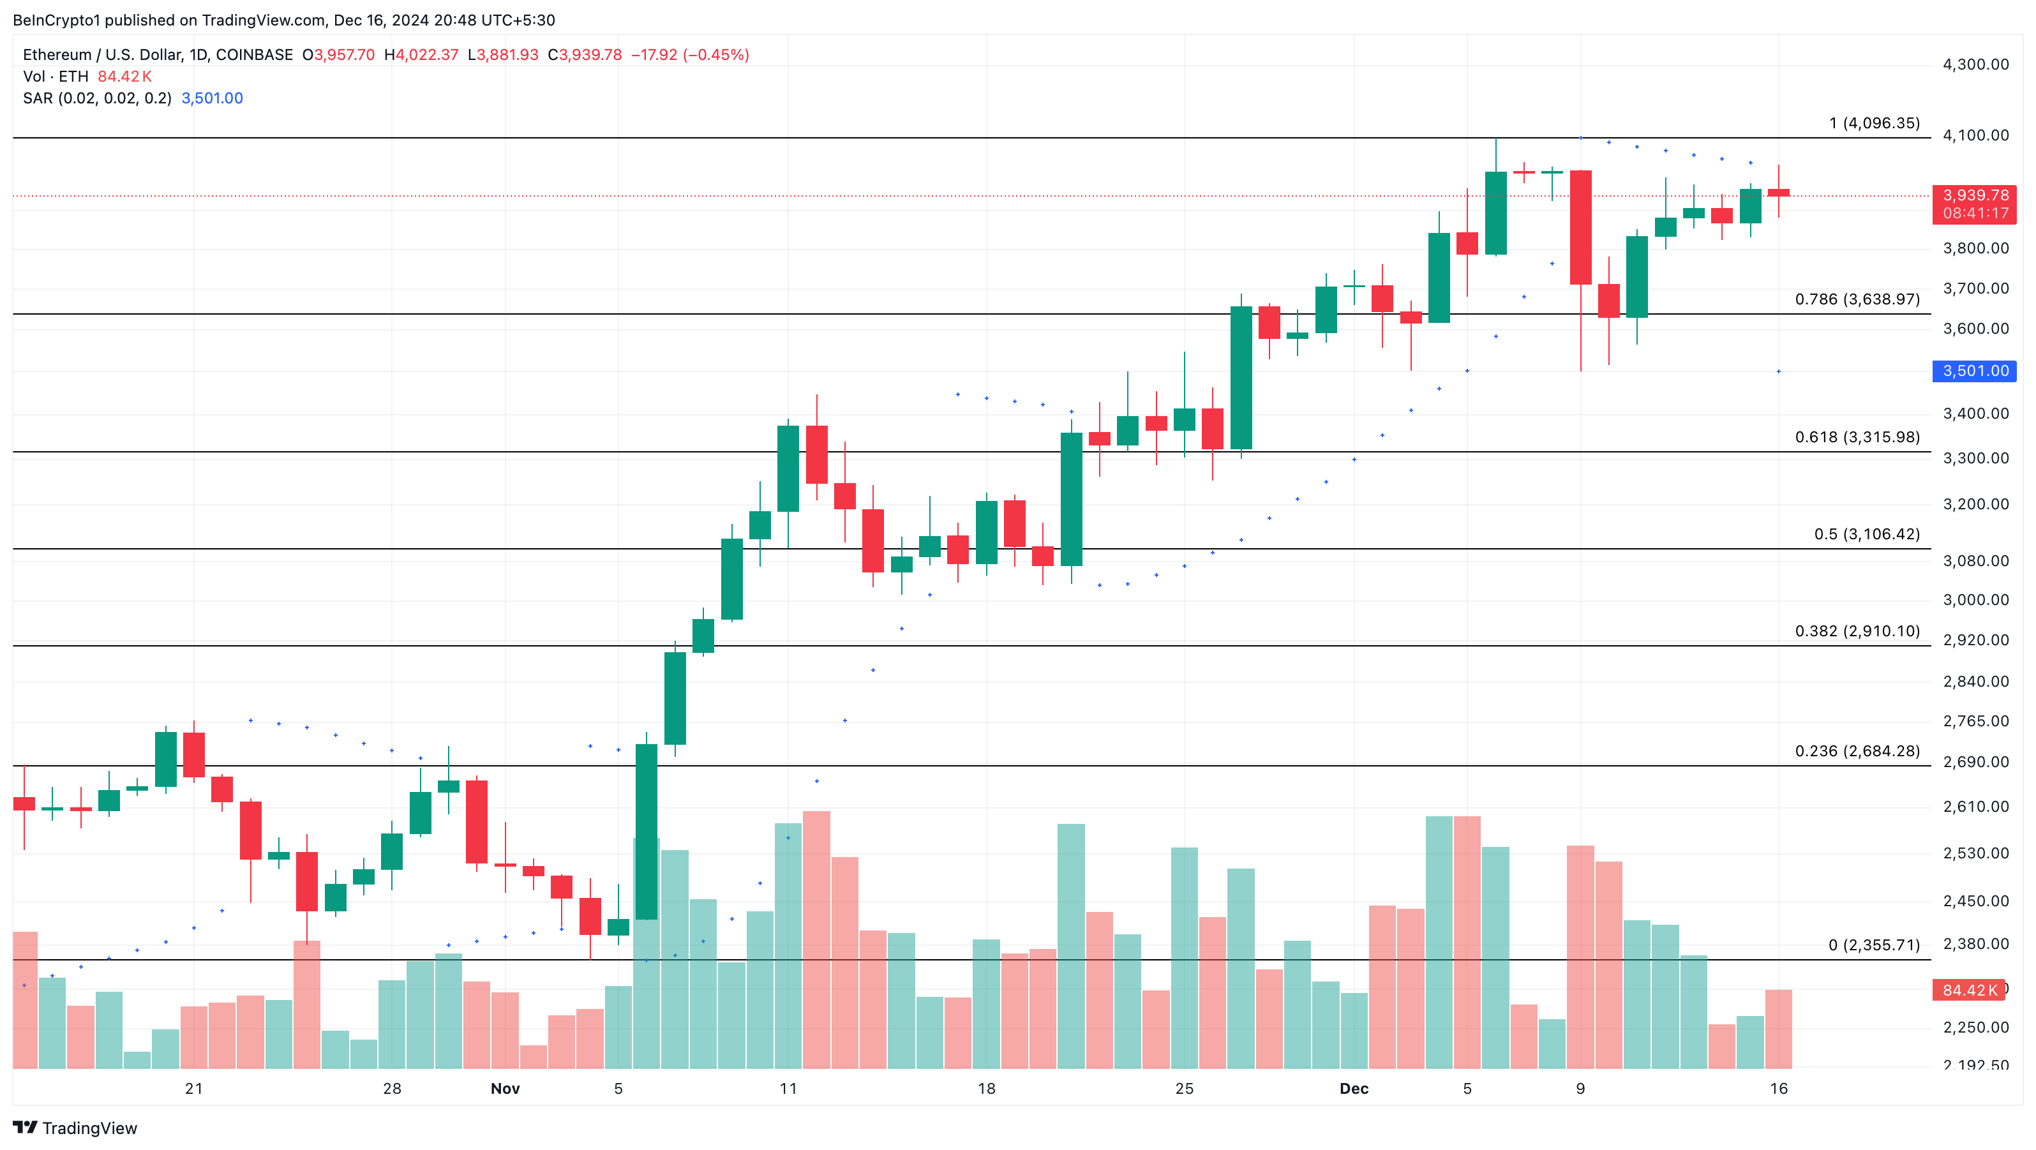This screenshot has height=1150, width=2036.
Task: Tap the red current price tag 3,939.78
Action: coord(1974,195)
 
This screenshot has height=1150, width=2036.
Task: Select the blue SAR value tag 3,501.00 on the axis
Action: coord(1974,371)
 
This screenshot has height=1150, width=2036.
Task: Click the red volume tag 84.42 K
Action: coord(1969,990)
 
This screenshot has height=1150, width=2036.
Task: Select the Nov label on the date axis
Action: coord(505,1088)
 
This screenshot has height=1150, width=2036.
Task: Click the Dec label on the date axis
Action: coord(1353,1088)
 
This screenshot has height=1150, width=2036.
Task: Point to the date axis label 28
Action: coord(392,1088)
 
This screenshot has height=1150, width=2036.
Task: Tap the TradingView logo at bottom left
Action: coord(75,1128)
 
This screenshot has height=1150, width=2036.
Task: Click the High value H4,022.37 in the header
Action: coord(421,54)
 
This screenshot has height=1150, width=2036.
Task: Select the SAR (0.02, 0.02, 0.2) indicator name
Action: coord(97,98)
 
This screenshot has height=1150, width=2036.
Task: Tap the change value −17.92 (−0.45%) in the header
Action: coord(689,54)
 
